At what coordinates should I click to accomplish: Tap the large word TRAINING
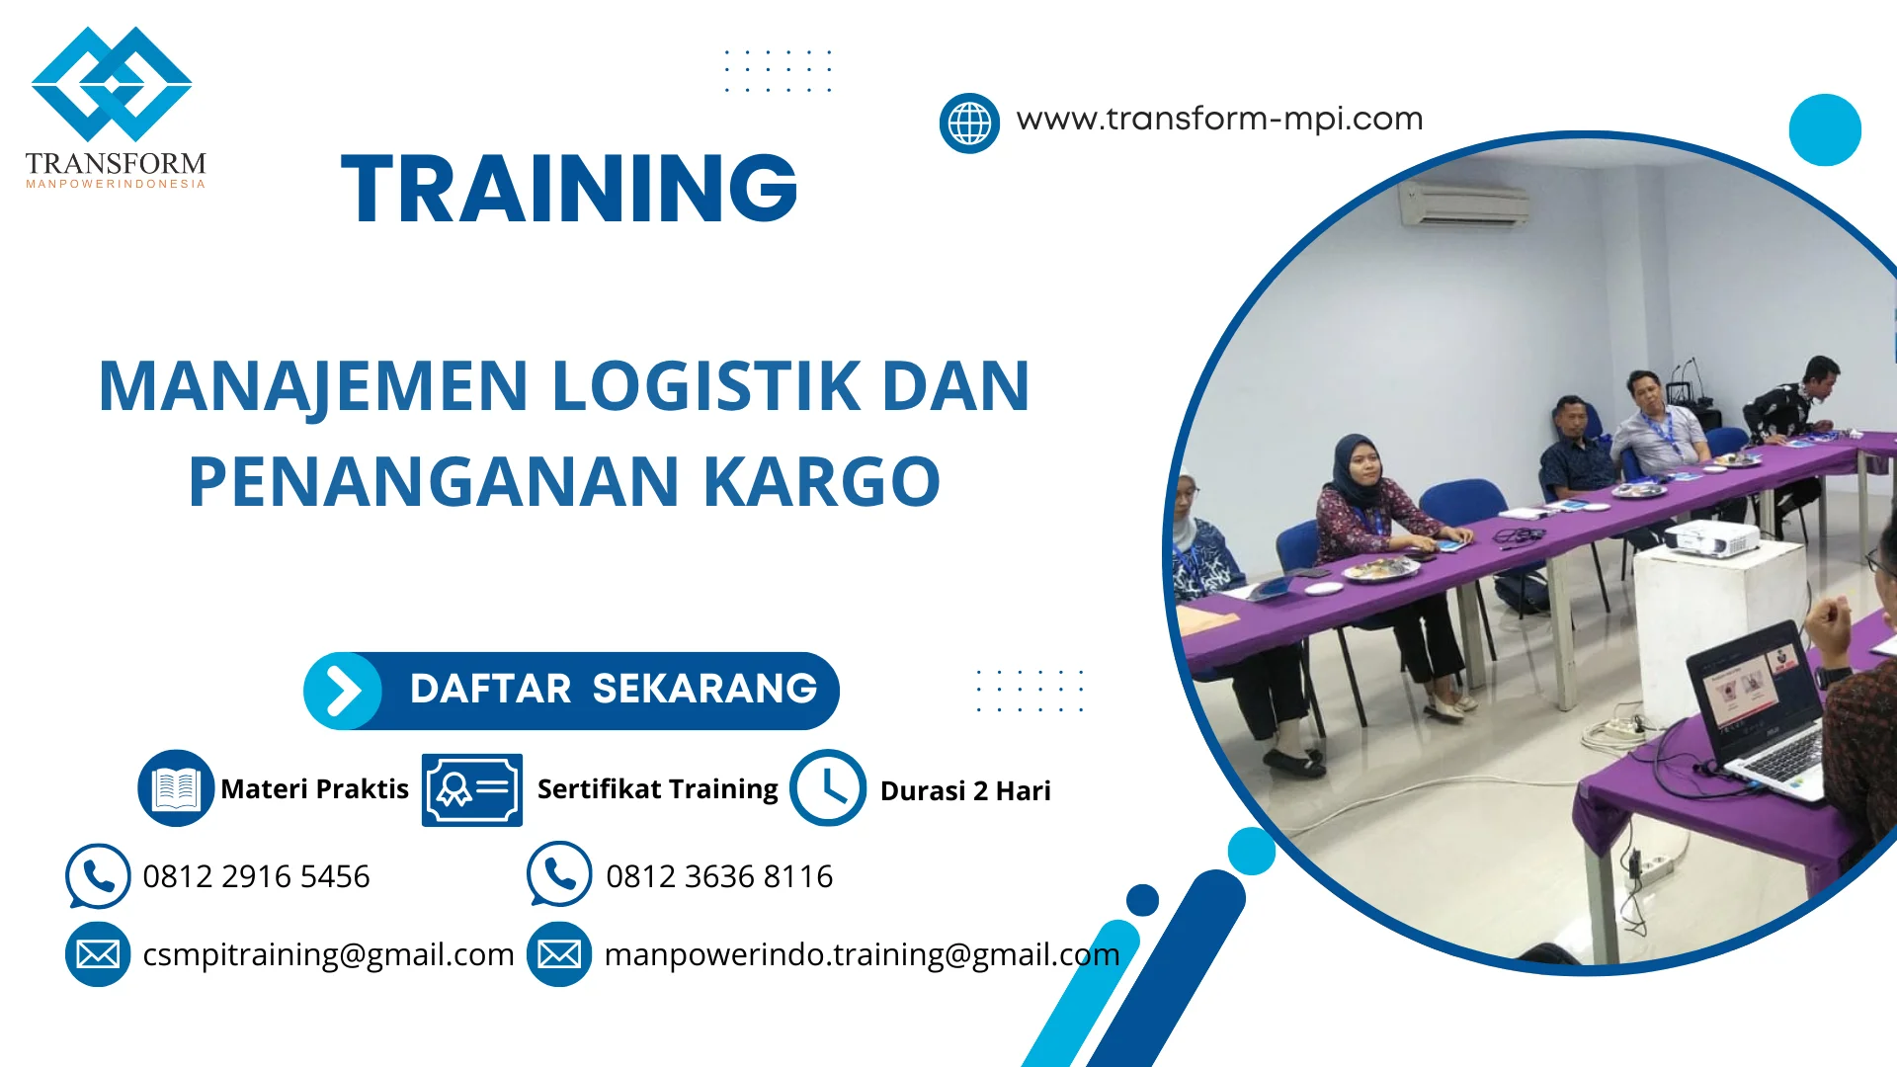(x=569, y=189)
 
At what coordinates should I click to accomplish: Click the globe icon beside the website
(x=969, y=123)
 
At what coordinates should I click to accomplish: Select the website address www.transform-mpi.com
(x=1219, y=120)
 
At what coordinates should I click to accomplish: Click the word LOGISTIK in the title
(x=705, y=386)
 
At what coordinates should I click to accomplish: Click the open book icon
(x=176, y=788)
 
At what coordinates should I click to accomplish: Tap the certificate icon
(x=471, y=789)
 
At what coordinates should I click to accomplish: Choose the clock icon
(x=828, y=788)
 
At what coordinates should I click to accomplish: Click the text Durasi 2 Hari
(x=965, y=791)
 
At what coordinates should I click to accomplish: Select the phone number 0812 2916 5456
(x=256, y=876)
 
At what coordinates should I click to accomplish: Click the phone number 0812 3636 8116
(x=719, y=876)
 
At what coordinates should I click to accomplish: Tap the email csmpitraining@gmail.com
(x=328, y=955)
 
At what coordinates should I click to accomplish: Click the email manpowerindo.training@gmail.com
(x=862, y=955)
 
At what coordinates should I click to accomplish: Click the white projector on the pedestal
(x=1711, y=539)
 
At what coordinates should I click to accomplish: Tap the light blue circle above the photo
(x=1824, y=129)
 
